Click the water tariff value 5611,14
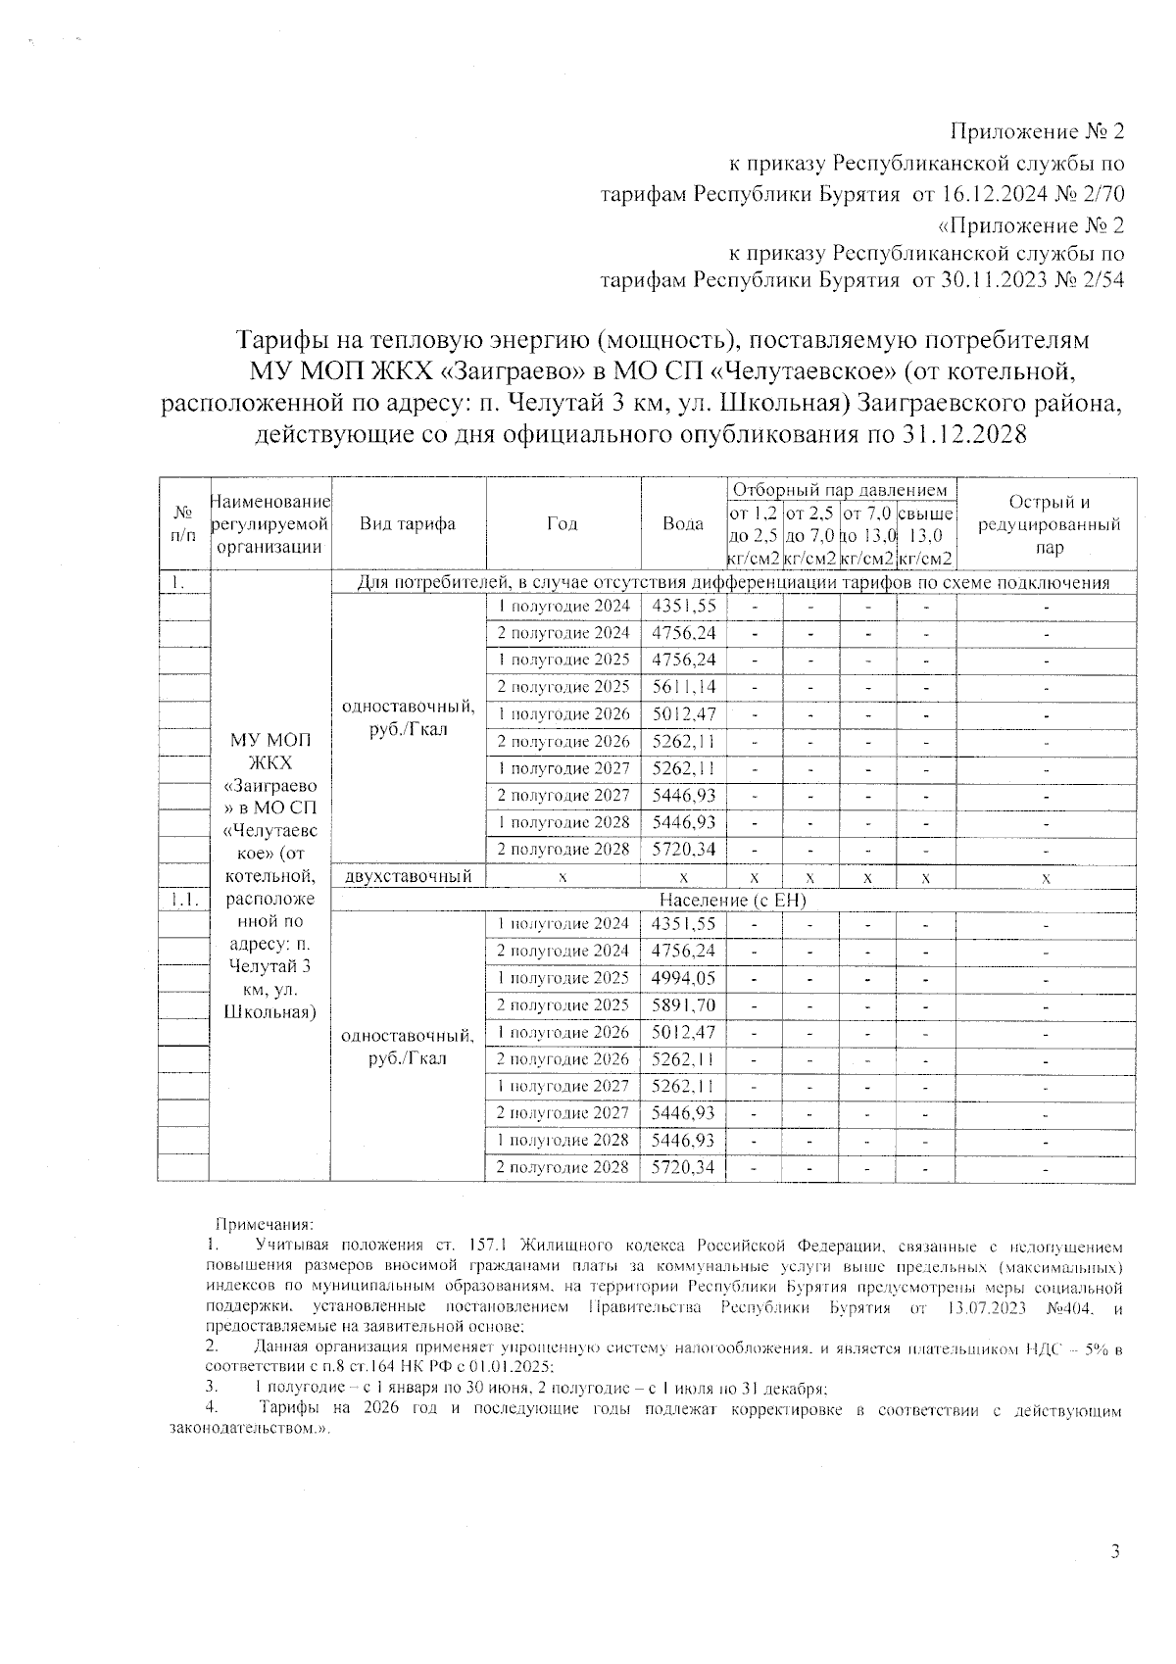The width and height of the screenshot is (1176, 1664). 683,687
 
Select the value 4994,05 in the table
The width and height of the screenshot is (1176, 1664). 683,978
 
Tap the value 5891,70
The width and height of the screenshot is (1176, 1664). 683,1005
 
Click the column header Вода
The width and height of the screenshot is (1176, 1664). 683,523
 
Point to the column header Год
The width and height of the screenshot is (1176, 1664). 562,523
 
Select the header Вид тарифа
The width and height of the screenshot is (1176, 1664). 407,523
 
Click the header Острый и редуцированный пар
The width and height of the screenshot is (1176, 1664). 1046,524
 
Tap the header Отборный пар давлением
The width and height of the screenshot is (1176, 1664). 840,490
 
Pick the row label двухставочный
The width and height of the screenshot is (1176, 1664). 407,876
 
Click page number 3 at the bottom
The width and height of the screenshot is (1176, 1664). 1114,1551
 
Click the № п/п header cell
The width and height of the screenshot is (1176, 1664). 183,523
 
